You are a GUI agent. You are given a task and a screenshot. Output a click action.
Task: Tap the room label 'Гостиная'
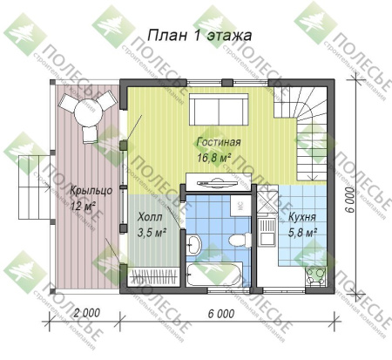217,142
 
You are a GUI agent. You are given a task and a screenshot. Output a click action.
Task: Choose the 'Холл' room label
150,218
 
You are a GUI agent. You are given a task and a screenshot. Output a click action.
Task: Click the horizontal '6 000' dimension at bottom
224,313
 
